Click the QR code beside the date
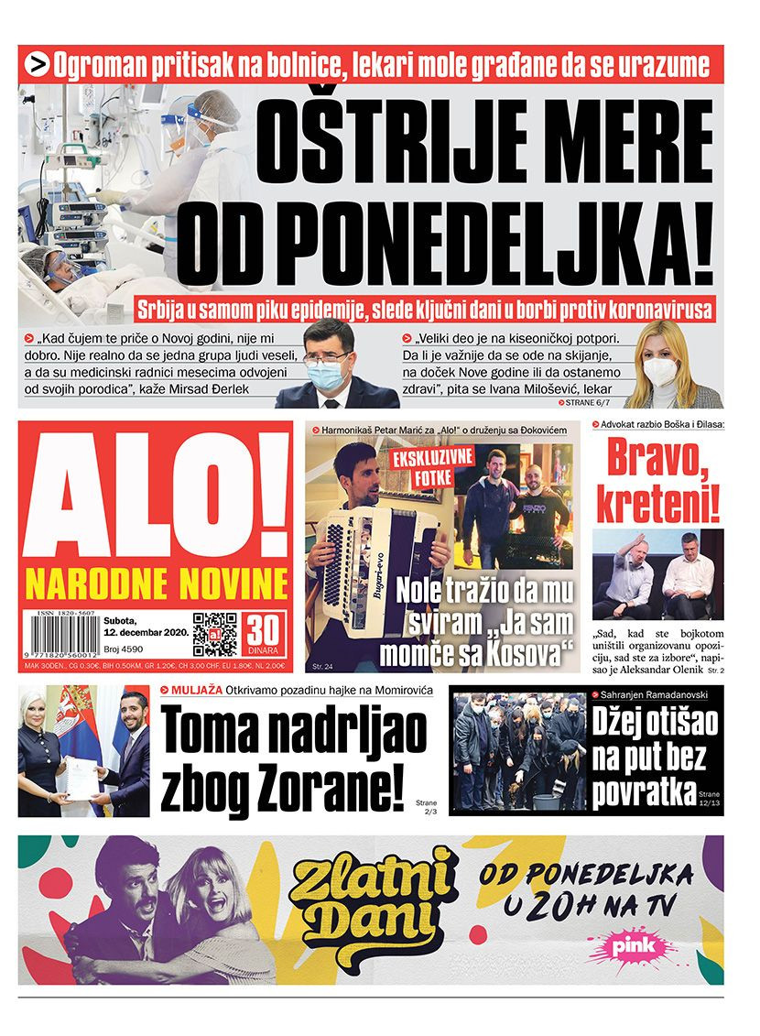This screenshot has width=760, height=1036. tap(215, 635)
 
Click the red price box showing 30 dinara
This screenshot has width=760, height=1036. tap(264, 635)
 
